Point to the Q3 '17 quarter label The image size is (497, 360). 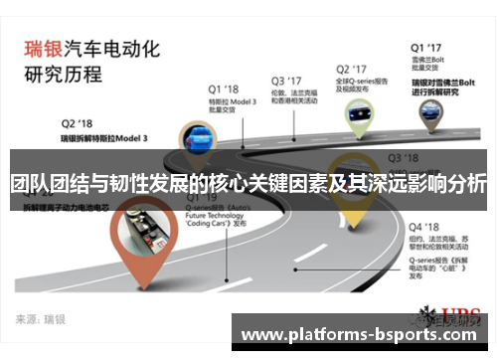(287, 80)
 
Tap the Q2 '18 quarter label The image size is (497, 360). (79, 122)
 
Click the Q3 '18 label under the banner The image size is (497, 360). (403, 157)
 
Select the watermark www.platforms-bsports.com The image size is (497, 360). (362, 334)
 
